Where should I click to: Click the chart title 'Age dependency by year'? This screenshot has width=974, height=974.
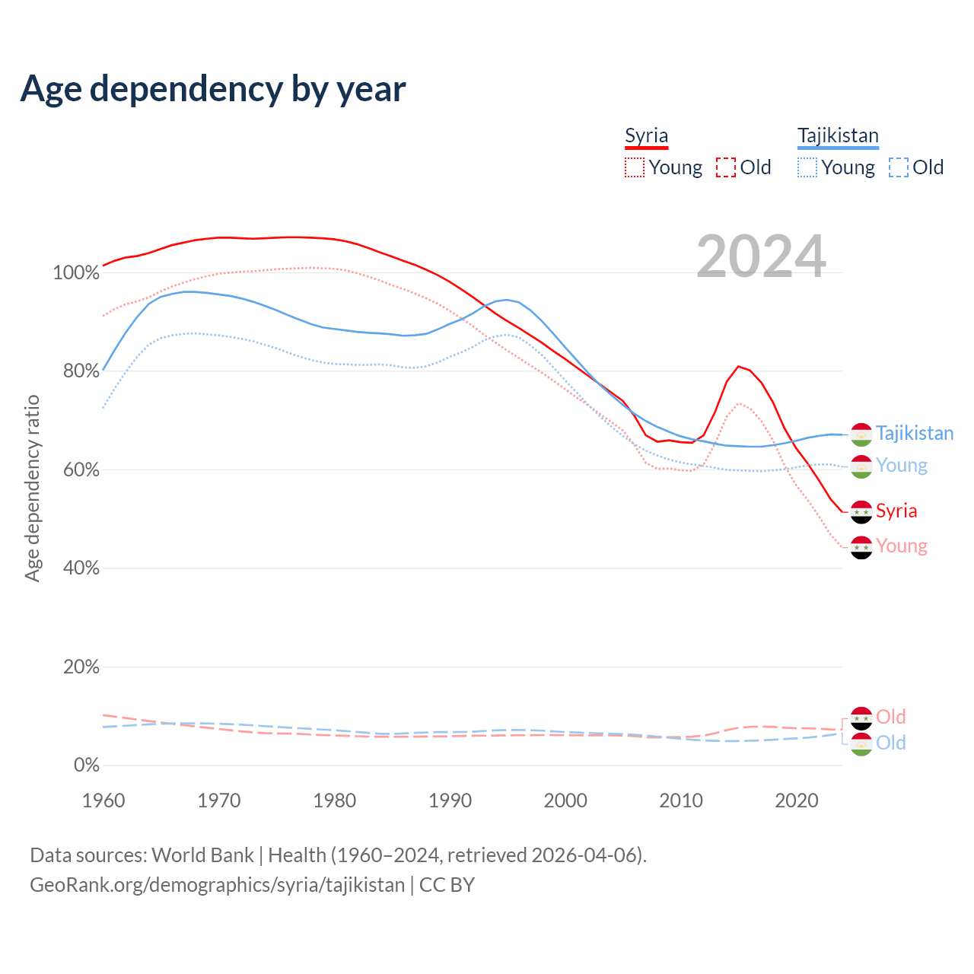213,89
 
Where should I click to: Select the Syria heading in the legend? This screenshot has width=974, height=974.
646,135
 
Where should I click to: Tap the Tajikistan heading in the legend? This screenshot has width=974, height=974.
838,135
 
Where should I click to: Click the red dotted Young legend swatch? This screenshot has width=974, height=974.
634,167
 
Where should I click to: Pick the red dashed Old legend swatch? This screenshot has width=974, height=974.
726,167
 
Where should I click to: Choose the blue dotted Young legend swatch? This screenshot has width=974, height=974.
807,167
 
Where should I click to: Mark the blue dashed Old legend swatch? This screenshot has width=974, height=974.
899,167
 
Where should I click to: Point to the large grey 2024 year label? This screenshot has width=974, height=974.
761,257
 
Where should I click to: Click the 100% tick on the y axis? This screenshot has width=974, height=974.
76,272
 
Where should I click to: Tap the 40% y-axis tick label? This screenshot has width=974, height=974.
81,568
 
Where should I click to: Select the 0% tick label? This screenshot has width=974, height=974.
87,766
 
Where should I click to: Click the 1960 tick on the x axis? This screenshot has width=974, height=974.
103,801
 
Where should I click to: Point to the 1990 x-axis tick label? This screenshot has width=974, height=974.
450,801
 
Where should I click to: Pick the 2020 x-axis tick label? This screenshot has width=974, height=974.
796,801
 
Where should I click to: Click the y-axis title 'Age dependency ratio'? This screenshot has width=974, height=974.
32,488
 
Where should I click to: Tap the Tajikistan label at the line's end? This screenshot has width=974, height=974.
914,434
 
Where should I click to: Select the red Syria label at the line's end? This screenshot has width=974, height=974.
896,511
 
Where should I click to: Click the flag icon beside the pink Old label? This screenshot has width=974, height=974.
861,718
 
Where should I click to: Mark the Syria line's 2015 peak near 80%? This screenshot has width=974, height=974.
738,367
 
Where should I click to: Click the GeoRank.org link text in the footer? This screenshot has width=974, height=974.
217,885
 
